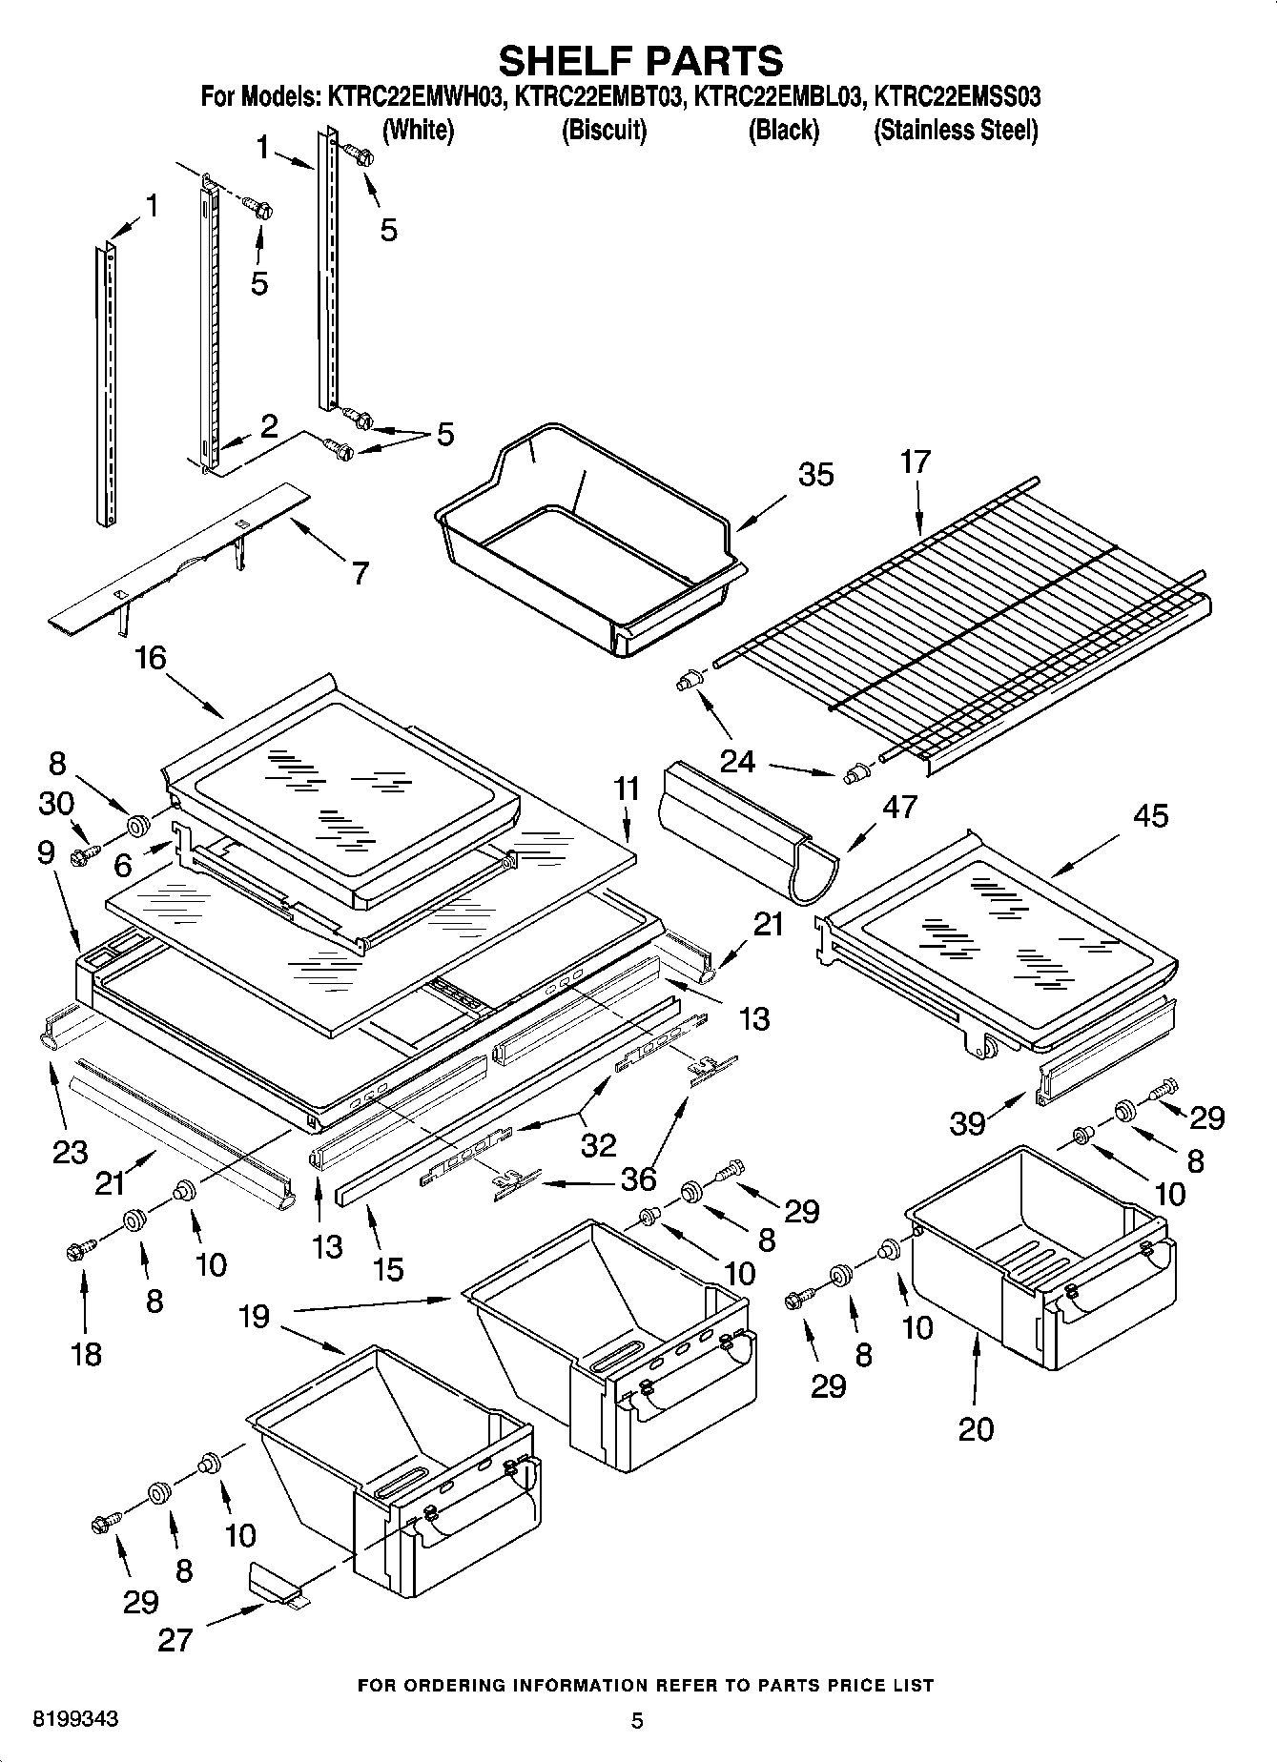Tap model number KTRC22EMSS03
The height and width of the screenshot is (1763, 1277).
point(957,96)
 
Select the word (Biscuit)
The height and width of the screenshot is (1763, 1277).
point(604,130)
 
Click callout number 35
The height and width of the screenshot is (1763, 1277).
point(815,475)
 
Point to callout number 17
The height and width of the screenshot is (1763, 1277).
point(915,461)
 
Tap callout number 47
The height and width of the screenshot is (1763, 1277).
point(899,807)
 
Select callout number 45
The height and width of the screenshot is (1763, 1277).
point(1151,815)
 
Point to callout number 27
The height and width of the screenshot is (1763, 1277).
point(176,1640)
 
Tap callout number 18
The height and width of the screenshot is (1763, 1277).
point(86,1353)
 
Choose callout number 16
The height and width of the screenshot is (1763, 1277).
point(151,657)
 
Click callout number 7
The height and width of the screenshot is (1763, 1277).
point(360,573)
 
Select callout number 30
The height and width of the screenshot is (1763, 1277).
point(56,804)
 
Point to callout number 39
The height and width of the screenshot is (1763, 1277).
point(967,1123)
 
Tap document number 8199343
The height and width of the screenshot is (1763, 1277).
point(76,1719)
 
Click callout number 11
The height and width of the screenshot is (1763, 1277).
point(626,789)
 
